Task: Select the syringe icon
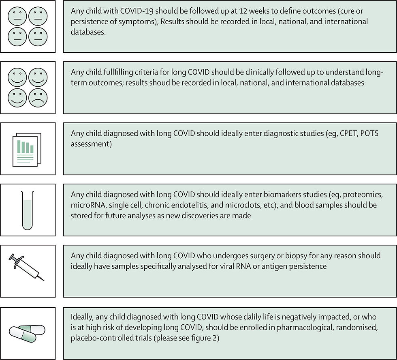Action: pos(28,267)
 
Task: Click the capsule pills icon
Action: pos(28,334)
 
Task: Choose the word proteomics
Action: pos(356,195)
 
